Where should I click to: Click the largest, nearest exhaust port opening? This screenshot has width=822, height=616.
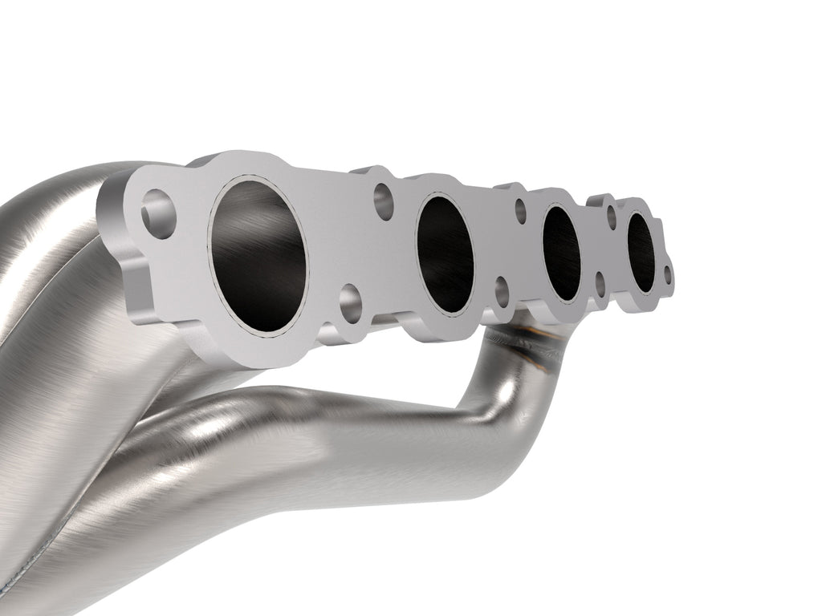pos(258,256)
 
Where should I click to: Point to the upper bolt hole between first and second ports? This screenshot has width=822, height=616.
pos(385,200)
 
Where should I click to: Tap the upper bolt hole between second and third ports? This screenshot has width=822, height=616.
pos(520,211)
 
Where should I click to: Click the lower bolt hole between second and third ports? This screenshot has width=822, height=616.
pos(502,293)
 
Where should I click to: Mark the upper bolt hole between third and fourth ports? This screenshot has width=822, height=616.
pos(611,217)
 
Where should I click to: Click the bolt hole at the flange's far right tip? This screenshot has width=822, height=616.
pos(666,276)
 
